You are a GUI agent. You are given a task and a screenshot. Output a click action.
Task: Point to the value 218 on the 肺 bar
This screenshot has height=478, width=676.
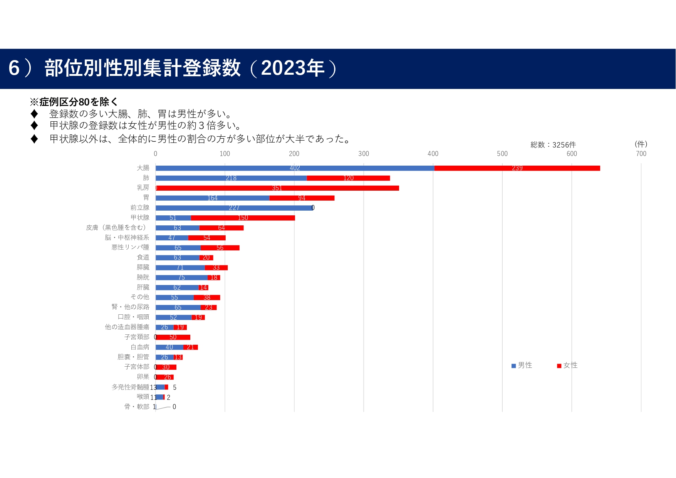pyautogui.click(x=231, y=178)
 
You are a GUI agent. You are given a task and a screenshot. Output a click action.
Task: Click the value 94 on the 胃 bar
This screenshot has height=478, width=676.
pyautogui.click(x=302, y=198)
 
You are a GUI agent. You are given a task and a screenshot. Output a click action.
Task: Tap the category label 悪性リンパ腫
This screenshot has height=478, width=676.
pyautogui.click(x=130, y=247)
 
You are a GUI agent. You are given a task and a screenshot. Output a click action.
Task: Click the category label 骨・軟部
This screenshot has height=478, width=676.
pyautogui.click(x=137, y=407)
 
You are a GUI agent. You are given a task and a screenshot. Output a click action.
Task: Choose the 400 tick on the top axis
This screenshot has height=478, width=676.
pyautogui.click(x=433, y=154)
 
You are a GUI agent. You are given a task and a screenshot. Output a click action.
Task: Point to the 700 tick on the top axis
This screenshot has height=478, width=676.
pyautogui.click(x=641, y=154)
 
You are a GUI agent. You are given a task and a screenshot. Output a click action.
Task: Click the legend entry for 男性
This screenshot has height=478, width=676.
pyautogui.click(x=522, y=365)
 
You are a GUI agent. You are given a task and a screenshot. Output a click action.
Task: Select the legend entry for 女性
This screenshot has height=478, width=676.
pyautogui.click(x=567, y=365)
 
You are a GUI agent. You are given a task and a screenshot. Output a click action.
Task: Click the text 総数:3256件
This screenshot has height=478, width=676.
pyautogui.click(x=553, y=145)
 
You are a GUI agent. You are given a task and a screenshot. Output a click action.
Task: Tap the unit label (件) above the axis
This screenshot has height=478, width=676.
pyautogui.click(x=641, y=144)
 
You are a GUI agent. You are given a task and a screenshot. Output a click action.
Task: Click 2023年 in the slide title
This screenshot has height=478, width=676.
pyautogui.click(x=293, y=68)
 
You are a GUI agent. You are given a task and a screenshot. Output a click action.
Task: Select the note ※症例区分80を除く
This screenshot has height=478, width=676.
pyautogui.click(x=74, y=102)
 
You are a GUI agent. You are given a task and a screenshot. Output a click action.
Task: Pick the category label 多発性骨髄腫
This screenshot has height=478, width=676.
pyautogui.click(x=130, y=387)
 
